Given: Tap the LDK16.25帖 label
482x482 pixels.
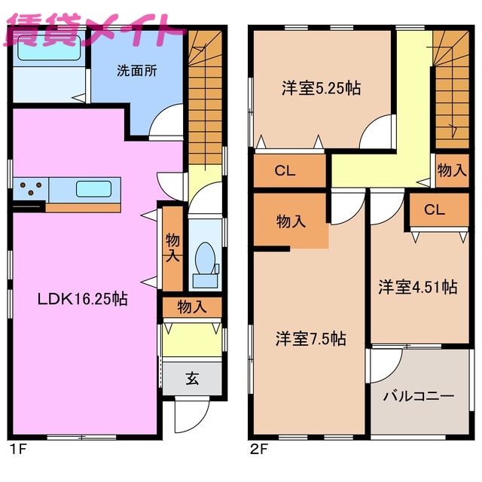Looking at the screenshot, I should coord(83,299).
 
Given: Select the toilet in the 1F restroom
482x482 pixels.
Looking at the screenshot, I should coord(203,264).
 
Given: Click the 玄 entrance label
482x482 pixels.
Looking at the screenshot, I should coord(193,379).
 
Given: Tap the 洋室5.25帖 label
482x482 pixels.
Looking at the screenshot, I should coord(322,88).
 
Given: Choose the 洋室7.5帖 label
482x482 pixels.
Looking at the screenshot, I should coord(310,339).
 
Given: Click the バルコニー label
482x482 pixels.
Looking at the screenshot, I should coord(418,395).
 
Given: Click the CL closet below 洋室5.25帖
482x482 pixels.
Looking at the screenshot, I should coord(285,171).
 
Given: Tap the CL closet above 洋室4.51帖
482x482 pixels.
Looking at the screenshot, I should coord(435,210).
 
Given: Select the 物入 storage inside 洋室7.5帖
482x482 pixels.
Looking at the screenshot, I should coord(291,221).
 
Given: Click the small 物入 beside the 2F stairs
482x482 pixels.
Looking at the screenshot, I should coord(451,171).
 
